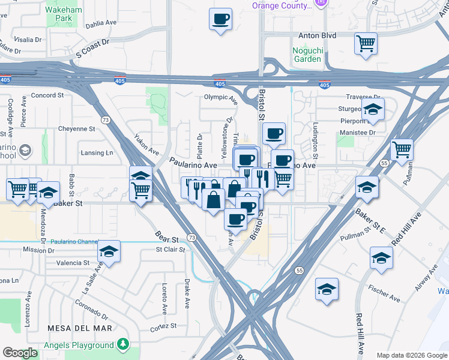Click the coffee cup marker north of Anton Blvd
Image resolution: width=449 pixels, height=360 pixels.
click(220, 19)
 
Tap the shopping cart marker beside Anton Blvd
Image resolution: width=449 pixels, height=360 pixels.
click(366, 43)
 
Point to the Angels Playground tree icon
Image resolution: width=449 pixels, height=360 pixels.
click(123, 344)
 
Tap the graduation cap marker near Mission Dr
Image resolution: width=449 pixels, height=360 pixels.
click(109, 251)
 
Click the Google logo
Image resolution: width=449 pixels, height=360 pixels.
click(20, 353)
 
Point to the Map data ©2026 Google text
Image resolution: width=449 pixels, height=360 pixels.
click(412, 355)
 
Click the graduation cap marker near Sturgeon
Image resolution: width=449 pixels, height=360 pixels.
click(373, 110)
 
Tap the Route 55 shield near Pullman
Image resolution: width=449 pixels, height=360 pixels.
click(385, 162)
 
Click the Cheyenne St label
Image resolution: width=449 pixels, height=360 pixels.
click(77, 129)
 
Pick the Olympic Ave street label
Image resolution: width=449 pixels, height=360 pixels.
click(220, 97)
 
